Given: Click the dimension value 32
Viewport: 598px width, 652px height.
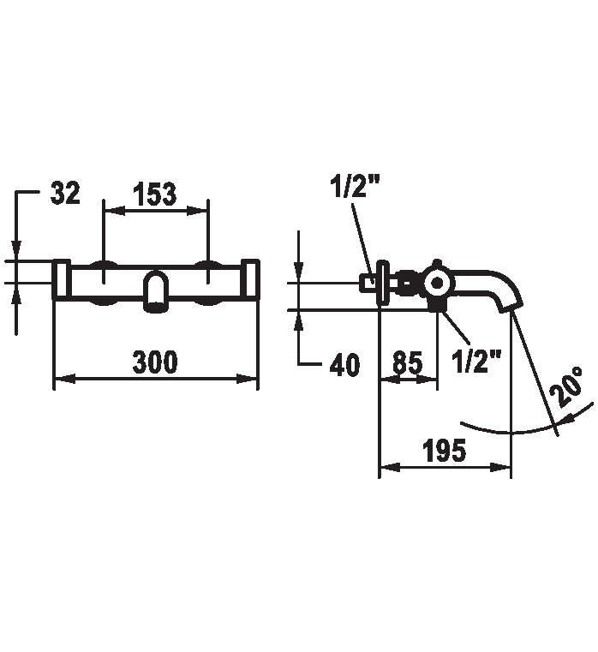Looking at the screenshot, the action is [65, 193].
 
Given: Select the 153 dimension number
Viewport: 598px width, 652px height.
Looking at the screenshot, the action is [155, 194].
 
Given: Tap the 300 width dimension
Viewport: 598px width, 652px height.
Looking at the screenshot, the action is [155, 362].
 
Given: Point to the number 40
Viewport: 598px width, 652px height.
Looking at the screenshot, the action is [344, 366].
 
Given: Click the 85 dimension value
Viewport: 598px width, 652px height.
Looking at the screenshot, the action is [408, 362].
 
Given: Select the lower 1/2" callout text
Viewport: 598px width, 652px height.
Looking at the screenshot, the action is [477, 361].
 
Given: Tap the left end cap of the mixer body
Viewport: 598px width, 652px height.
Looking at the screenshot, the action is [62, 279].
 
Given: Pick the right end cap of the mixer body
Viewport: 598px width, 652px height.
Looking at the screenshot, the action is [250, 279].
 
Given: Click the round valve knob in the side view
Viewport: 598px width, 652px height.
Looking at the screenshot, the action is [438, 284].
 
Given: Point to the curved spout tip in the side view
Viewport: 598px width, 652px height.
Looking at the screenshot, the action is [509, 302].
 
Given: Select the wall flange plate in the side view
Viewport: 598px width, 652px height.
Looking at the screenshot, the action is [382, 282].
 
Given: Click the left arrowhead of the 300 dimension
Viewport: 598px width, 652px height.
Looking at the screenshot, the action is [65, 379].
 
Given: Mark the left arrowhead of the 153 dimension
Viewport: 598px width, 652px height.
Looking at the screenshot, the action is [114, 211].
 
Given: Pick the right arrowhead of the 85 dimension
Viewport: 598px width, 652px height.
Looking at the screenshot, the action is [428, 379].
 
